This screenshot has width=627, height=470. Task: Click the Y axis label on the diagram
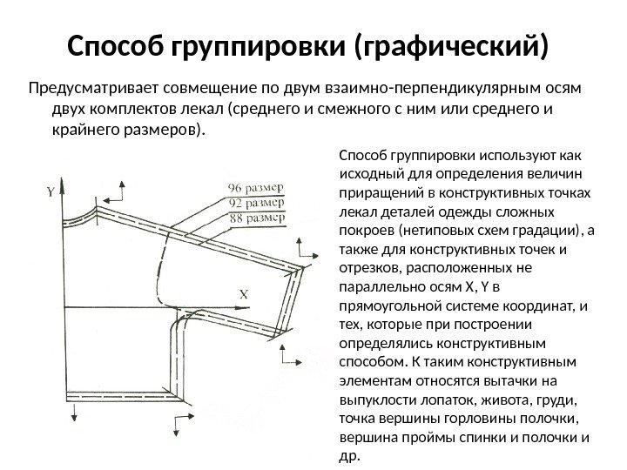51,192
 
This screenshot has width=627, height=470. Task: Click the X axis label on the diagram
244,295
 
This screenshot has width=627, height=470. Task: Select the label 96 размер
254,187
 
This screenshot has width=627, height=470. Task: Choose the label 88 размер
254,217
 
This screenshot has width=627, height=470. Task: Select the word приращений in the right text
376,191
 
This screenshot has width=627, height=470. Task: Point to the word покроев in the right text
365,232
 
